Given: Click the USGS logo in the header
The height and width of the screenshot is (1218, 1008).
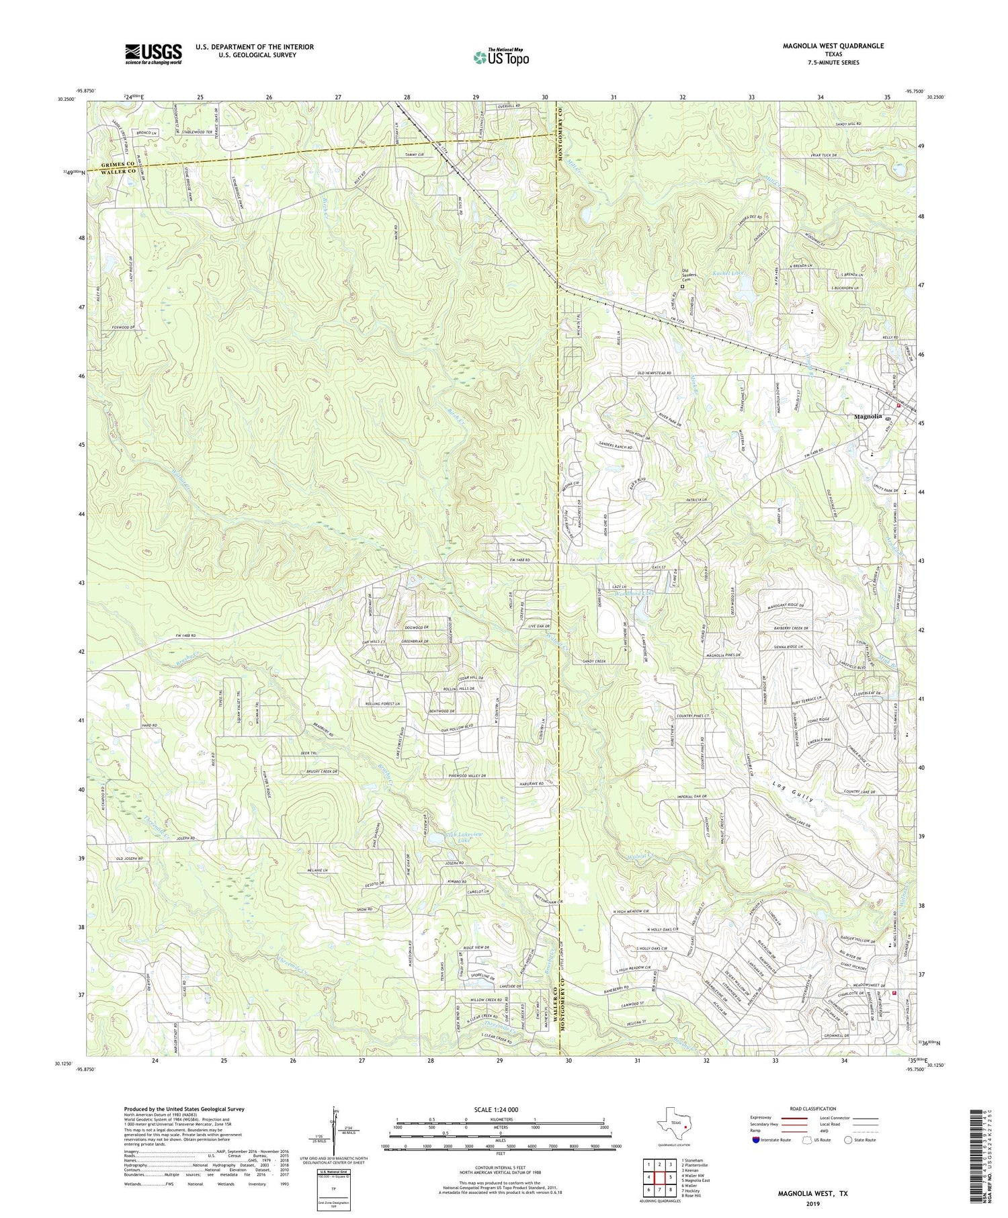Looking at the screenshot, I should pyautogui.click(x=153, y=54).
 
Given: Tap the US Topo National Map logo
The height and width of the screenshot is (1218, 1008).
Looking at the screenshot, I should pyautogui.click(x=501, y=56).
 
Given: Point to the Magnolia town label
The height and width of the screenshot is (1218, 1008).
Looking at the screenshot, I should pyautogui.click(x=867, y=417).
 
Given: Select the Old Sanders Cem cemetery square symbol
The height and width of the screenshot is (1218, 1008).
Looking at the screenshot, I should pyautogui.click(x=682, y=286).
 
